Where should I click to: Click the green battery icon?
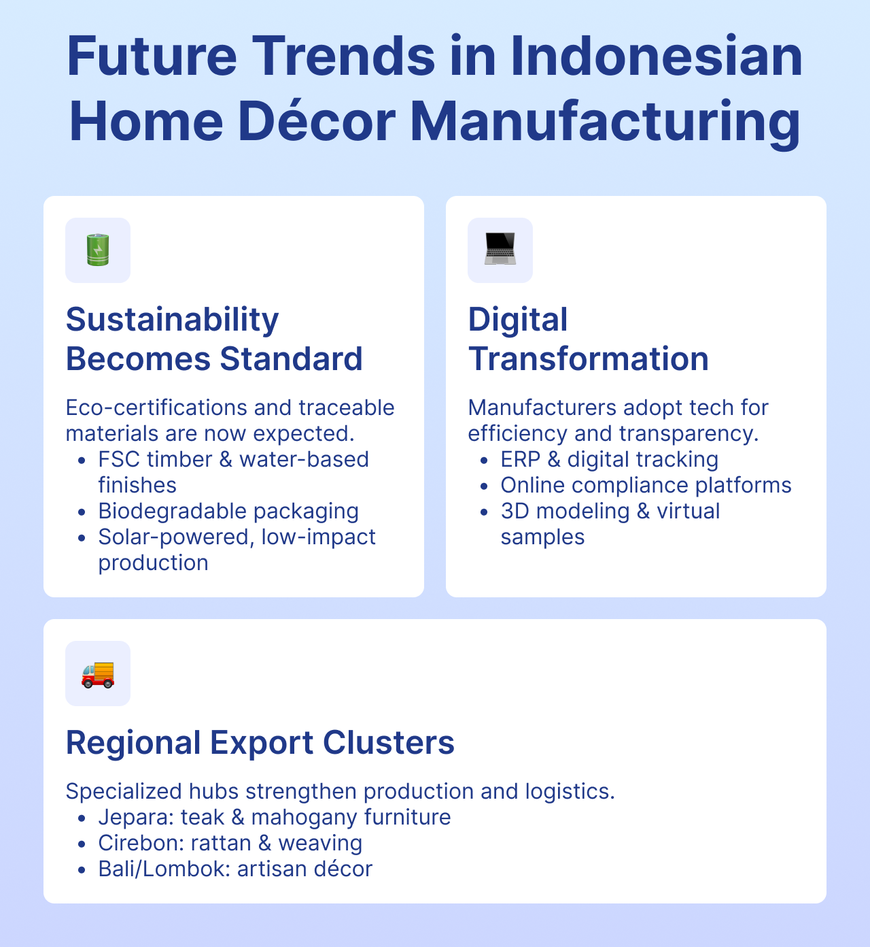point(98,250)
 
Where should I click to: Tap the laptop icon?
point(500,250)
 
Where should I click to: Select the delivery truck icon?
point(98,674)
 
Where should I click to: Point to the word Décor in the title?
point(317,121)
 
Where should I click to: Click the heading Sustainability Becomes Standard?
point(214,339)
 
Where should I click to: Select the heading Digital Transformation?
point(588,339)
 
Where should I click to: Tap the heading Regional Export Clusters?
point(260,742)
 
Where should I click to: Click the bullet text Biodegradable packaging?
point(228,511)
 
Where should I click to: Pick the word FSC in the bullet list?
point(118,459)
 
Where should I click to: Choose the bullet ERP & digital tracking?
point(609,459)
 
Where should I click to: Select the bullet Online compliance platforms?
point(646,485)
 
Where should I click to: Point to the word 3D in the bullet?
point(515,511)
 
